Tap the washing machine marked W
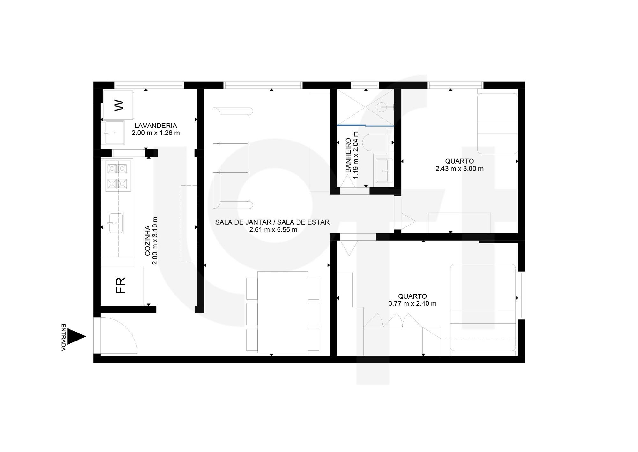[x=117, y=105]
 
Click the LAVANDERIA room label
[x=156, y=126]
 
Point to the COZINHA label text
[x=148, y=241]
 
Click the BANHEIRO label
[x=348, y=155]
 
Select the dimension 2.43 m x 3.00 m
[x=459, y=168]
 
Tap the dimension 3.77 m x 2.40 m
[x=412, y=303]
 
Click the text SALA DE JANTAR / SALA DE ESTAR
[x=272, y=222]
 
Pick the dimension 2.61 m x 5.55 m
[x=273, y=229]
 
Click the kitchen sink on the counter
[x=115, y=223]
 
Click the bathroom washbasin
[x=384, y=171]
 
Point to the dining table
[x=283, y=312]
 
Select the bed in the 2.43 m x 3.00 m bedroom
[x=497, y=124]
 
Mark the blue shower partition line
[x=365, y=125]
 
